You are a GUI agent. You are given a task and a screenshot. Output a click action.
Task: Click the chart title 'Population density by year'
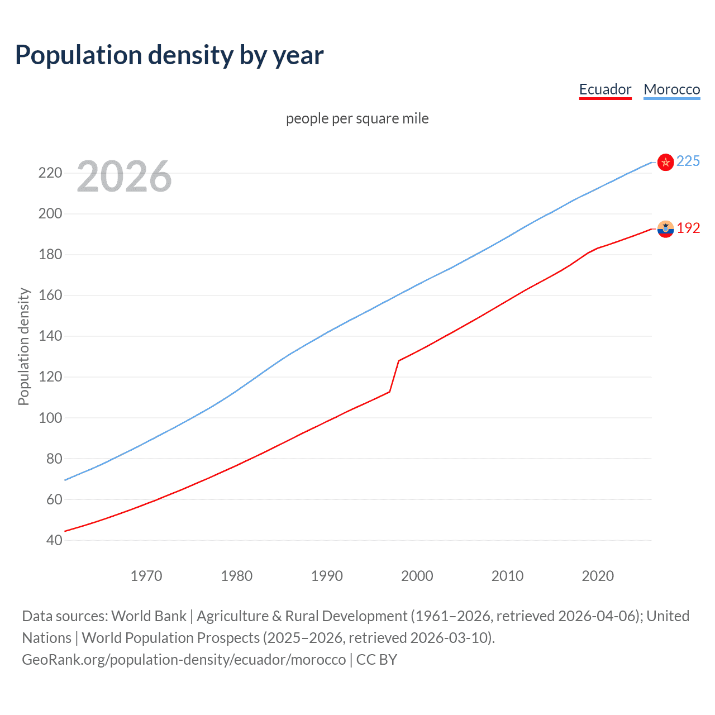[169, 55]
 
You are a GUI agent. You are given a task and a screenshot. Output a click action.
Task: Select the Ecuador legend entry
[605, 89]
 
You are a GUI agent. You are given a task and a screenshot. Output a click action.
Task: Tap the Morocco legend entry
[671, 89]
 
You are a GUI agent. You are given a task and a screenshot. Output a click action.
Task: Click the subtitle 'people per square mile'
[357, 118]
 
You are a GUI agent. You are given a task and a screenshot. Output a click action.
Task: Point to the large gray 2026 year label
[124, 177]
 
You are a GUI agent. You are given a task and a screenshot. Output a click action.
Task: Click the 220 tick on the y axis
[50, 173]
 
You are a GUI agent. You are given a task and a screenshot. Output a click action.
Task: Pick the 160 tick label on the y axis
[50, 295]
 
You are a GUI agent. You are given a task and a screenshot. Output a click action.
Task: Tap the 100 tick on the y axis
[50, 418]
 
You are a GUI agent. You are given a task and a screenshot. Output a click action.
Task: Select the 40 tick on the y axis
[54, 540]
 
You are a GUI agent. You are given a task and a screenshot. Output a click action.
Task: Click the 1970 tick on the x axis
[146, 576]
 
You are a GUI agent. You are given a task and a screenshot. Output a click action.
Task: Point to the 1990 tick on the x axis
[327, 576]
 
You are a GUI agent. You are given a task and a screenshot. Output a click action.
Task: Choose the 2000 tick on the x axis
[417, 576]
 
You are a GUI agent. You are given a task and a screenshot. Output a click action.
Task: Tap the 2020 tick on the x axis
[598, 576]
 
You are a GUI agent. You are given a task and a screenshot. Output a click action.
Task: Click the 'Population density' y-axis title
[23, 346]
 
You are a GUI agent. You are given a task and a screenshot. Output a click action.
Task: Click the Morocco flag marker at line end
[665, 162]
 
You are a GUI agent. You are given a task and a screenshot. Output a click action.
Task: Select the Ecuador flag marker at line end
[665, 228]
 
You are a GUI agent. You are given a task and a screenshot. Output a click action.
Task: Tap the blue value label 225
[688, 161]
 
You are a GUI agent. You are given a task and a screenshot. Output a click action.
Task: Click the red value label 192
[688, 228]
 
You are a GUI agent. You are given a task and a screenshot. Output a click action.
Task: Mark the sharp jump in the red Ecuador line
[394, 376]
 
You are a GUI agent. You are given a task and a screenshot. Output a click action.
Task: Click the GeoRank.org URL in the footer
[184, 660]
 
